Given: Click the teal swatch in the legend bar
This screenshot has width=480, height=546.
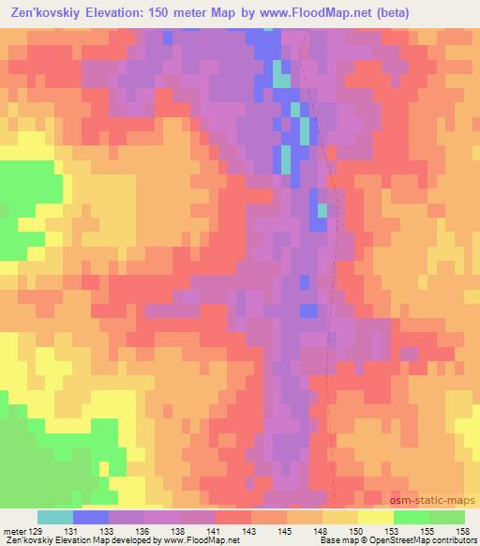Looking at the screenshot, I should point(55,517).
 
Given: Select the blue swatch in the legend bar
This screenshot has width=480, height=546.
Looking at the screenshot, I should point(91,517).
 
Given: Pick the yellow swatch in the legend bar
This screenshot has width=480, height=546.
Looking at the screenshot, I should point(376,517).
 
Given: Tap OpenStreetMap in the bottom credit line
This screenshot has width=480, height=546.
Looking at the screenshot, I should point(406,540).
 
